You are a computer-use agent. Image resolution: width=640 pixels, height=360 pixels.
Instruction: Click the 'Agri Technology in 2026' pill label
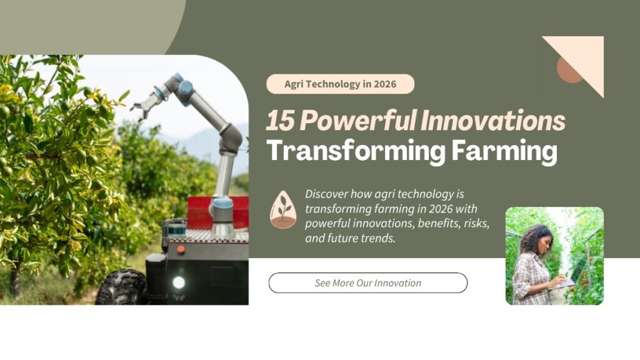(340, 84)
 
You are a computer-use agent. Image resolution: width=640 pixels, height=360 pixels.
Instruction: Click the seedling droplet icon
(283, 209)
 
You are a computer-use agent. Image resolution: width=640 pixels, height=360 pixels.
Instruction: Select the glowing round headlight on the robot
(179, 282)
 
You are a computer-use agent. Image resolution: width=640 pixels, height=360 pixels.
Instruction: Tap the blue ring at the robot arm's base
(222, 204)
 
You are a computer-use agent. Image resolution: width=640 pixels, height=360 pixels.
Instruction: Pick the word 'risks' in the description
(474, 223)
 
